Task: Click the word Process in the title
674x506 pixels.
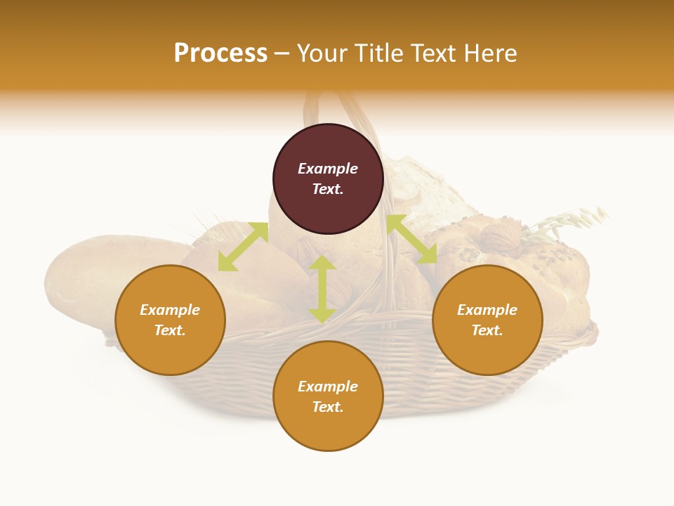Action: click(x=220, y=53)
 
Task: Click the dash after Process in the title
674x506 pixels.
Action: click(x=282, y=54)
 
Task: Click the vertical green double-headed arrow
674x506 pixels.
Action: click(x=322, y=290)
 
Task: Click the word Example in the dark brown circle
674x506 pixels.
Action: click(x=328, y=169)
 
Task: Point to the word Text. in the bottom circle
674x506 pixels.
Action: click(x=328, y=407)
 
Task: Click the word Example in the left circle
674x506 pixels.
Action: click(x=170, y=310)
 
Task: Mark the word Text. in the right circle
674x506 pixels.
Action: click(x=487, y=330)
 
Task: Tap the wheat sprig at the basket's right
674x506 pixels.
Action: click(x=569, y=221)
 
